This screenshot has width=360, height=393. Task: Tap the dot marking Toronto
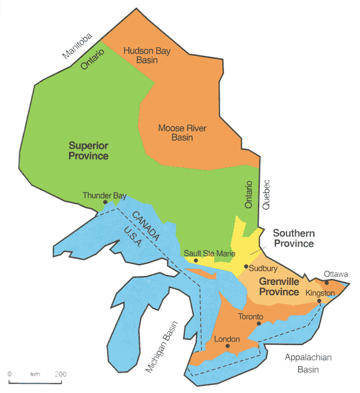pyautogui.click(x=259, y=324)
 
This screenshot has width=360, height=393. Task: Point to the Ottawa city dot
pyautogui.click(x=326, y=282)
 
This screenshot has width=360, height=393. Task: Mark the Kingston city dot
pyautogui.click(x=319, y=301)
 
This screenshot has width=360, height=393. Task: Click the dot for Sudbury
pyautogui.click(x=246, y=266)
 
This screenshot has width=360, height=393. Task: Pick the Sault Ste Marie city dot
pyautogui.click(x=196, y=260)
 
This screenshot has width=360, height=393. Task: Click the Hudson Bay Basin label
pyautogui.click(x=147, y=56)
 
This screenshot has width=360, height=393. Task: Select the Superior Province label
pyautogui.click(x=88, y=151)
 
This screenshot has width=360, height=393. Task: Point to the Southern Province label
pyautogui.click(x=293, y=238)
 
